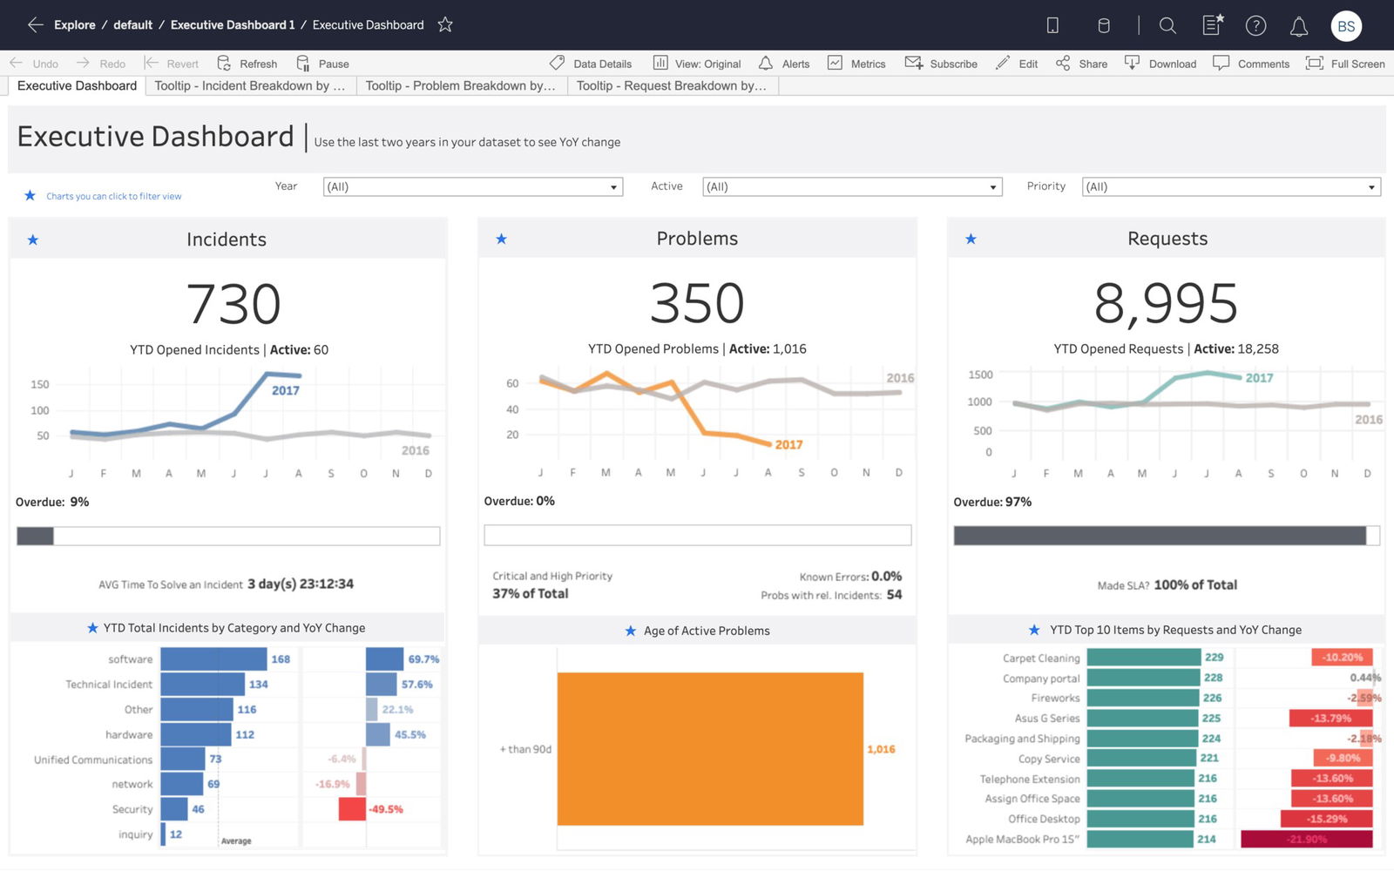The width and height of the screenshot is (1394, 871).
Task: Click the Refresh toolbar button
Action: [247, 64]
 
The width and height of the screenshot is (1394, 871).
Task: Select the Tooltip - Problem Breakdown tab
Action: [461, 85]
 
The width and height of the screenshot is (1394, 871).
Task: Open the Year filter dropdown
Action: [473, 186]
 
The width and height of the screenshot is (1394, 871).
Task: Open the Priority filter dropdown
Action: [1231, 186]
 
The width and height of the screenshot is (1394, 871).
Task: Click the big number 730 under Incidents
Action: [233, 304]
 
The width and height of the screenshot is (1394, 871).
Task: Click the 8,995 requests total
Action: [1166, 304]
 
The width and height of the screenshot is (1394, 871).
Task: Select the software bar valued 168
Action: [213, 659]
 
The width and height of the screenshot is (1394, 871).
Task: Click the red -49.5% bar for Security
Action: [352, 809]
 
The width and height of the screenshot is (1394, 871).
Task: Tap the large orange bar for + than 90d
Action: [710, 749]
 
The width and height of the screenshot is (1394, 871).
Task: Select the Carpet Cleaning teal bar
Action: [1143, 658]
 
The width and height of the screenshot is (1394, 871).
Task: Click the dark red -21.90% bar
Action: [1306, 839]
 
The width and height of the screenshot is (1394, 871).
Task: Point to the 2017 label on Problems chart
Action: [788, 445]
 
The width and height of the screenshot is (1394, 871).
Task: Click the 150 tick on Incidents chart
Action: [40, 384]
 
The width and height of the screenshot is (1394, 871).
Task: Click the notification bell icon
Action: [1298, 26]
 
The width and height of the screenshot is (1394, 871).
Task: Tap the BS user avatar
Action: [1346, 26]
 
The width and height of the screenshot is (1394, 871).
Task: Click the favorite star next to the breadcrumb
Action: [445, 24]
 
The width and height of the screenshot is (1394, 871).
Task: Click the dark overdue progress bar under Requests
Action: [1159, 536]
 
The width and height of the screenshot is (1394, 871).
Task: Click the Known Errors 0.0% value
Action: [886, 577]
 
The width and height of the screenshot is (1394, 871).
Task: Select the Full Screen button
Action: [1346, 64]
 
